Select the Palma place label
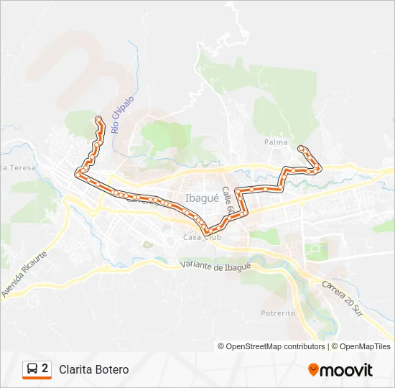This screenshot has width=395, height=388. coord(276,142)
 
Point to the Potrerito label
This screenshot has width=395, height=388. coord(278,313)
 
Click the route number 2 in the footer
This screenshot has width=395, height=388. coord(45,369)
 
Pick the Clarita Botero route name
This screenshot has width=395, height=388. coord(94,369)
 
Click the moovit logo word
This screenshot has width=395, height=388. coord(346,370)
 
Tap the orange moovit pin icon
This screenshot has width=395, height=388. coord(313,370)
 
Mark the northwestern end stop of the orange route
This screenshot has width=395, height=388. coord(98,118)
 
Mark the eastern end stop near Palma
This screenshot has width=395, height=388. coord(302,148)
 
